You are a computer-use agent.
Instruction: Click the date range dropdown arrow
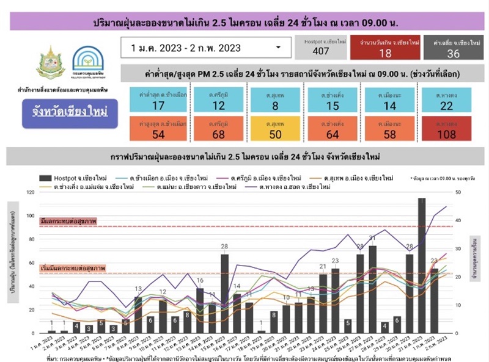[279, 47]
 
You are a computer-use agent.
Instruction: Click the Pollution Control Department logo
[88, 62]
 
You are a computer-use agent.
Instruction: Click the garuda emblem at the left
[51, 62]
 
